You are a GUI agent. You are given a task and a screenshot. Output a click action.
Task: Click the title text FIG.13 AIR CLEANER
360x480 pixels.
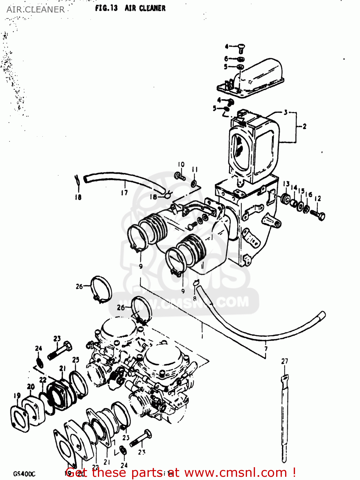click(130, 8)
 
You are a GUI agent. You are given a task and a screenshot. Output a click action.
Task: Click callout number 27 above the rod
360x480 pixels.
click(284, 361)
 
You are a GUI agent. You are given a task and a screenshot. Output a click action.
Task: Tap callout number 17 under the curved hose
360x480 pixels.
click(124, 192)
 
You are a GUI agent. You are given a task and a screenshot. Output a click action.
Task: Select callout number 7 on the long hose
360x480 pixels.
click(266, 348)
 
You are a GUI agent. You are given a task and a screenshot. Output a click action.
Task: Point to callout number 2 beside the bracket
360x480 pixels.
click(304, 126)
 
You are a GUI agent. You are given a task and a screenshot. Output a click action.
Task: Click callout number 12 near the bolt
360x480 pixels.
click(317, 199)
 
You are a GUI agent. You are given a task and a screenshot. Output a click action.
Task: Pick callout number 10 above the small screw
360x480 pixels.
click(181, 164)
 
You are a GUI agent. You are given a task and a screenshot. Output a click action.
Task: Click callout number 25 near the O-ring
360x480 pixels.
click(76, 360)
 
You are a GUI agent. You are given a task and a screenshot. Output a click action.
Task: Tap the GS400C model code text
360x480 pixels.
click(24, 474)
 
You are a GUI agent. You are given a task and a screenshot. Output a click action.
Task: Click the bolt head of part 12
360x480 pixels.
click(322, 217)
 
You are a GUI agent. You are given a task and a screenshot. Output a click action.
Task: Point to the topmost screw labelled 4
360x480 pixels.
click(242, 49)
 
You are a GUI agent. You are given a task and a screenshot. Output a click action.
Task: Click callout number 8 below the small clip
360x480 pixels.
click(195, 299)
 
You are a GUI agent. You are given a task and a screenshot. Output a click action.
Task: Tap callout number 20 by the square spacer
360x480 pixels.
click(31, 387)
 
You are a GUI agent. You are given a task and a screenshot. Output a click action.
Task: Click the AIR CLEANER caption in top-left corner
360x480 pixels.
click(36, 10)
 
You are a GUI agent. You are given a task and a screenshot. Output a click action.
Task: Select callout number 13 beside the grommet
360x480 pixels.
click(286, 184)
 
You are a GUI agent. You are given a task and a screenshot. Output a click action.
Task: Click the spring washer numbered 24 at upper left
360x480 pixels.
click(39, 363)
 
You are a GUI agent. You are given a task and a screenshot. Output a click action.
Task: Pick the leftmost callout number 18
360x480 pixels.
click(78, 197)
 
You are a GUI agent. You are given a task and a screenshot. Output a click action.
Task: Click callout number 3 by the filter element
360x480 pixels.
click(286, 113)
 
